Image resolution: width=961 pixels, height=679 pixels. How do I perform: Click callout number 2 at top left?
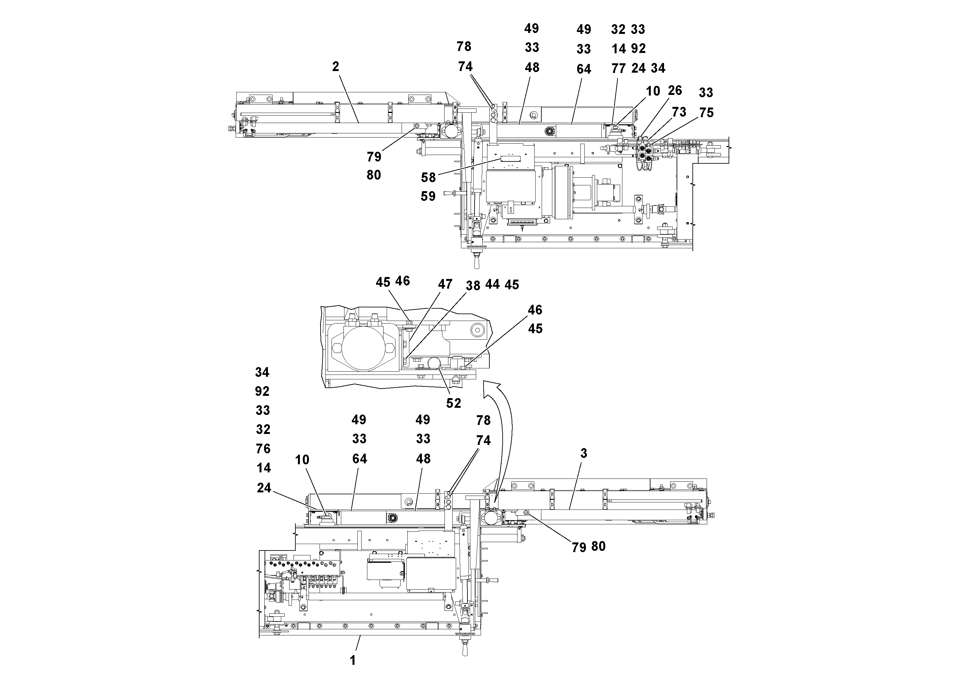(x=335, y=67)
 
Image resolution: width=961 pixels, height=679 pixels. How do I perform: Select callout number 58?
(x=428, y=178)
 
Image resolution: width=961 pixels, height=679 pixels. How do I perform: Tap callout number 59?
(x=428, y=196)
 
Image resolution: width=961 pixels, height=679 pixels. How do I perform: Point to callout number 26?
(x=675, y=90)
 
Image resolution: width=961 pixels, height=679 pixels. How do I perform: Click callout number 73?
(x=679, y=112)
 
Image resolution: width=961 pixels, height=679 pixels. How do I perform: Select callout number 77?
(x=618, y=68)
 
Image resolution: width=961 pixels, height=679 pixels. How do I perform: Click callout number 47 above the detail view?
(x=445, y=284)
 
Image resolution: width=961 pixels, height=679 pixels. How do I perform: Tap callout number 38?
(x=473, y=285)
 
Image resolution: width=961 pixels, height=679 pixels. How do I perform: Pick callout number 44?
(x=492, y=284)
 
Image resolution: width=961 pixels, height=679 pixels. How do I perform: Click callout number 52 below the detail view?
(x=453, y=403)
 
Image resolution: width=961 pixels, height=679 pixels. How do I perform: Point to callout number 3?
(x=583, y=453)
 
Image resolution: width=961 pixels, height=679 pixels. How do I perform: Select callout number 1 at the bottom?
(x=353, y=660)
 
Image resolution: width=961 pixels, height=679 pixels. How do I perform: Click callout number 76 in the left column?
(x=263, y=449)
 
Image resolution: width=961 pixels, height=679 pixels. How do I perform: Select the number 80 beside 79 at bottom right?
(x=598, y=546)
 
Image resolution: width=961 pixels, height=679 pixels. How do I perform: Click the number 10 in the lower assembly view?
(x=302, y=460)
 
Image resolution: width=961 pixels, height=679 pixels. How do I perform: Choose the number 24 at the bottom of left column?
(x=264, y=488)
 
